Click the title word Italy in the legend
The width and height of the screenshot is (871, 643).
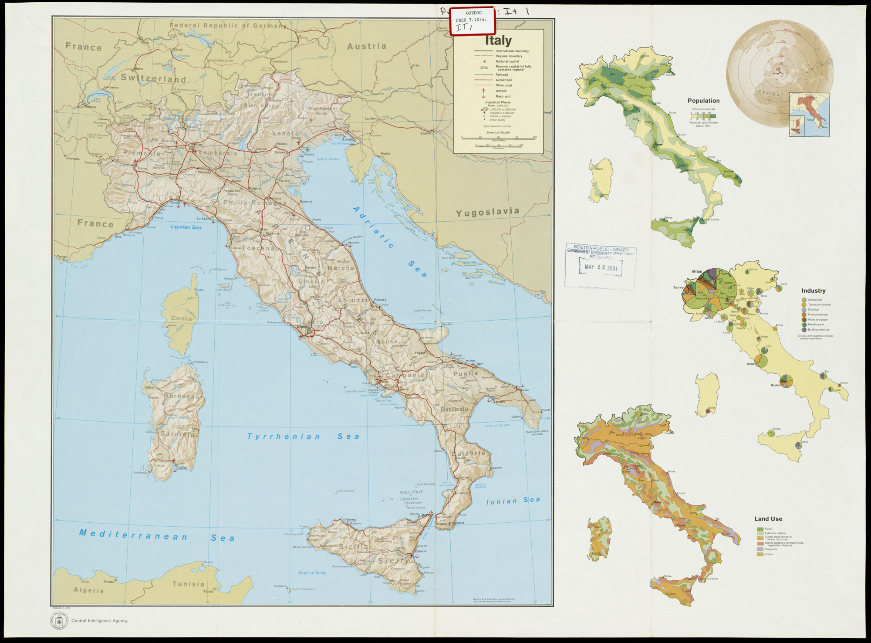tap(498, 41)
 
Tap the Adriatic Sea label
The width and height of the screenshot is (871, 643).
tap(390, 242)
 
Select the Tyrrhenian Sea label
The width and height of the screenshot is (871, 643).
tap(304, 436)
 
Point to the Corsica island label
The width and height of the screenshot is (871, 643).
tap(182, 318)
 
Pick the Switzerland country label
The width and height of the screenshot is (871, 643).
tap(153, 78)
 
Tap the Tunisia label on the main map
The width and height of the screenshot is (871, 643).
tap(188, 584)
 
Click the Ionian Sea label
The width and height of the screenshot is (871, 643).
tap(513, 501)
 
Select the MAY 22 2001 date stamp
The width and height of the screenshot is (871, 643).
tap(601, 267)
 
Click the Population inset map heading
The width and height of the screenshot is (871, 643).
tap(703, 101)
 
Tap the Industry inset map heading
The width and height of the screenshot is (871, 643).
tap(813, 291)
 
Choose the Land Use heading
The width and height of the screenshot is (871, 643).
tap(768, 519)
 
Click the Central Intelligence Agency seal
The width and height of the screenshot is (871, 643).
tap(59, 620)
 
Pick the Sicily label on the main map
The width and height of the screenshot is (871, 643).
tap(394, 561)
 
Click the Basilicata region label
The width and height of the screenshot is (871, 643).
tap(454, 409)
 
